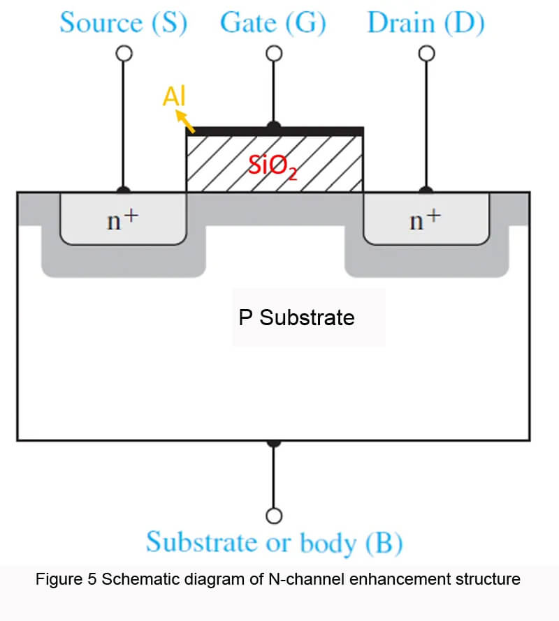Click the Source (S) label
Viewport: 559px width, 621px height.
tap(123, 23)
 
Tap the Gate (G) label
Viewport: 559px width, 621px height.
tap(273, 23)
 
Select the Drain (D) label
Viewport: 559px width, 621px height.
tap(426, 23)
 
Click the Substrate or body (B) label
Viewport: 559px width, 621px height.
tap(274, 542)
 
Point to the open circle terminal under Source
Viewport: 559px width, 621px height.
tap(124, 54)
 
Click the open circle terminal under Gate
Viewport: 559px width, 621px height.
tap(275, 54)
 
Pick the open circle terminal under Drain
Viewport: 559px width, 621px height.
tap(426, 54)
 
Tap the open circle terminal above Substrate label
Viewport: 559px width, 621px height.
tap(275, 516)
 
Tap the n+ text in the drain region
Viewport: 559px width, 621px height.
tap(426, 220)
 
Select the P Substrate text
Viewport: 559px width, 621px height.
tap(296, 318)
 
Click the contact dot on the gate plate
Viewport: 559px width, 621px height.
tap(275, 126)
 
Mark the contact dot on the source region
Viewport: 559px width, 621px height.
tap(124, 190)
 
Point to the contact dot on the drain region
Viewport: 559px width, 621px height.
tap(426, 190)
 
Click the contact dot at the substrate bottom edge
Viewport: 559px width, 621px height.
tap(275, 442)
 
